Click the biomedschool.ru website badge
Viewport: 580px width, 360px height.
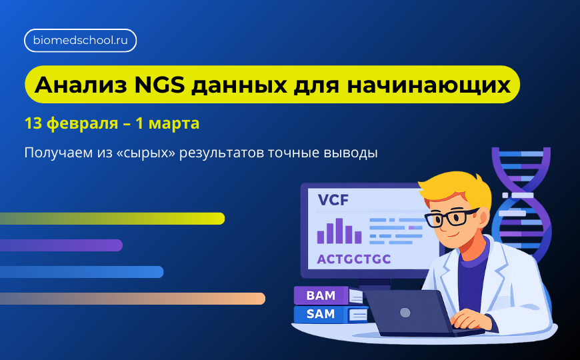[80, 41]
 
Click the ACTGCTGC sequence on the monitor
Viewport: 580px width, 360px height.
[353, 259]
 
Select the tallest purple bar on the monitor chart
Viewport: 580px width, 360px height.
[339, 231]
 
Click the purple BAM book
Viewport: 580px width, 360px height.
[321, 295]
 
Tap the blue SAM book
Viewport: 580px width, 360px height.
[321, 314]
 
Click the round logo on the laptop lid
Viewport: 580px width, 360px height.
[405, 312]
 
